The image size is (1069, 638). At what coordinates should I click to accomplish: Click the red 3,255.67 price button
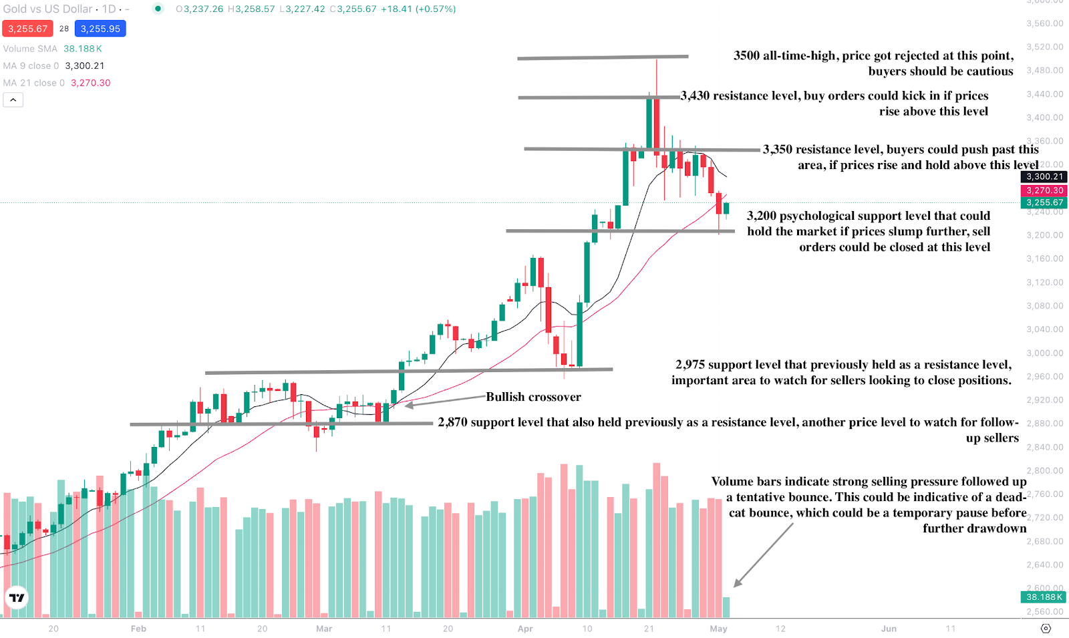27,29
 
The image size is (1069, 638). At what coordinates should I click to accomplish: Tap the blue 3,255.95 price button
100,29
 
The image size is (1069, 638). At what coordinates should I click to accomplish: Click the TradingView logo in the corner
17,597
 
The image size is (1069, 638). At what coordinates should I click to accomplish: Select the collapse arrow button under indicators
13,100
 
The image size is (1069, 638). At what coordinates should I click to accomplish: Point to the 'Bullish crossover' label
533,397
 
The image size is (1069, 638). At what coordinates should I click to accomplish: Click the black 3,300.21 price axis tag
1044,177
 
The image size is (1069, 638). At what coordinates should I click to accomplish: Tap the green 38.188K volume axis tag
1044,597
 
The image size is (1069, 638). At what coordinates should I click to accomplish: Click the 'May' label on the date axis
718,629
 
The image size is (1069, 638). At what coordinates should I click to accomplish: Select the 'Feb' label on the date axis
138,629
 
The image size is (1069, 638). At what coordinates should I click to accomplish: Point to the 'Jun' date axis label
889,629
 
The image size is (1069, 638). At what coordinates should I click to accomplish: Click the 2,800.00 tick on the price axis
1045,470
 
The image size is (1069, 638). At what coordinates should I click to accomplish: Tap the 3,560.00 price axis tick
1045,23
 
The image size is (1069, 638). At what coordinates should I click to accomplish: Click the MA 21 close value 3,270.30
91,83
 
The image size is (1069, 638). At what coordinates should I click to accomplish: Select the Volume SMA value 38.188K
83,49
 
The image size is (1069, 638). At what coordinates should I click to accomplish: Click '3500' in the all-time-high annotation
746,55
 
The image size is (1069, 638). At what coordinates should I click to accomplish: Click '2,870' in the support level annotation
452,422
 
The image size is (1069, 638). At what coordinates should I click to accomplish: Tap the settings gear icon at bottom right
1046,629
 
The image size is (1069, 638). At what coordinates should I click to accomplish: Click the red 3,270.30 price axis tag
1044,190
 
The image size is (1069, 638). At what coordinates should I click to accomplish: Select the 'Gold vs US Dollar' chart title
48,9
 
